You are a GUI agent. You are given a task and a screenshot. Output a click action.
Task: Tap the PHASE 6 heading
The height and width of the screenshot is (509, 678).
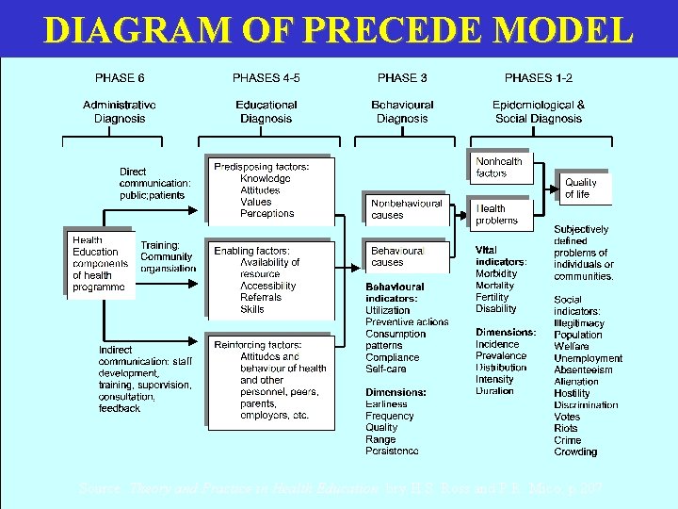[x=120, y=78]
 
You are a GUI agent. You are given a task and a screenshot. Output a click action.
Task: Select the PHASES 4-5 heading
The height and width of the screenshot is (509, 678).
[x=266, y=78]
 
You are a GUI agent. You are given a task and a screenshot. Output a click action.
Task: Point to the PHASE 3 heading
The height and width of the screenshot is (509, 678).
[x=402, y=78]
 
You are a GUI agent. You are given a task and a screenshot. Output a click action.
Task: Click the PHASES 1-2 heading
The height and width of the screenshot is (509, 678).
[x=540, y=78]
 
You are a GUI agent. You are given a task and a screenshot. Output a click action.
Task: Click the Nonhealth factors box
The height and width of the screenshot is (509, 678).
[x=499, y=167]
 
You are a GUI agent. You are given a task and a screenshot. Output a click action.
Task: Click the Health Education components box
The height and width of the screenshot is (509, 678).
[x=98, y=263]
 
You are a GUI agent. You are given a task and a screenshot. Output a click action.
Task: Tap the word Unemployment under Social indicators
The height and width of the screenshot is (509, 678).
[x=588, y=358]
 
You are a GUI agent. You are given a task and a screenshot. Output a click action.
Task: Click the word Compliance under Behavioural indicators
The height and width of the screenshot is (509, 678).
[x=392, y=357]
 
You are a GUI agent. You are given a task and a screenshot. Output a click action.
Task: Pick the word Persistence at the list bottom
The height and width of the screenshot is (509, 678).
[x=392, y=451]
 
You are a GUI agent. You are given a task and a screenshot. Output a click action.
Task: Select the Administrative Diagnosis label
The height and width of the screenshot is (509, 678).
[x=120, y=112]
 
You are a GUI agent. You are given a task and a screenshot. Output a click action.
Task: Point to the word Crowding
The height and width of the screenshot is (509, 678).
[x=575, y=452]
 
